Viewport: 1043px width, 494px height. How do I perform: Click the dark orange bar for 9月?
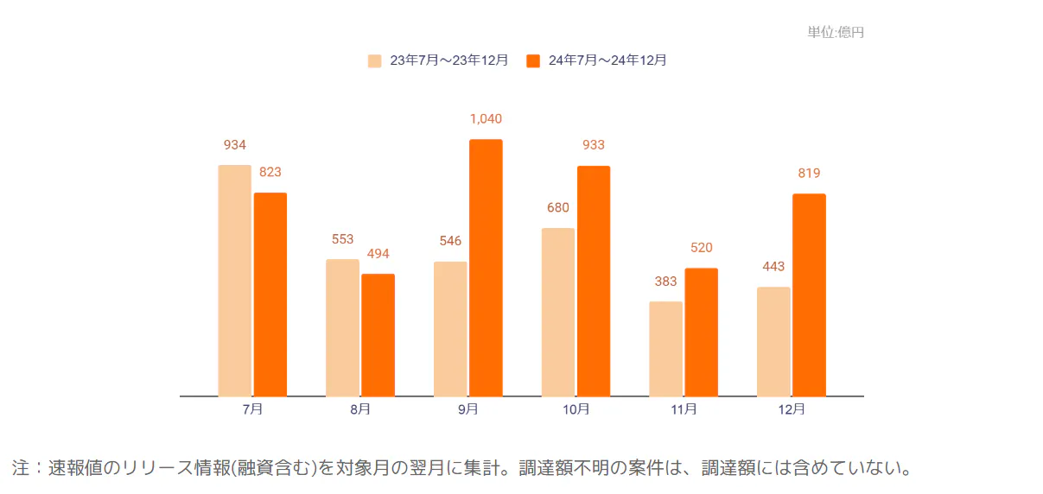[x=486, y=268]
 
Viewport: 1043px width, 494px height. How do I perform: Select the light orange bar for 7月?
[x=234, y=281]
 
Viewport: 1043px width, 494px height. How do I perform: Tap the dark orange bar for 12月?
[x=809, y=294]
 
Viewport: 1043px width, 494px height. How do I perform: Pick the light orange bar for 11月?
[x=665, y=349]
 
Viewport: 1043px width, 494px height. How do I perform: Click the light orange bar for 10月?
[x=557, y=312]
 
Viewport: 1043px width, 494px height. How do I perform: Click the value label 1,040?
[x=486, y=119]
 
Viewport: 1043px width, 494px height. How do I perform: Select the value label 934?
[x=234, y=145]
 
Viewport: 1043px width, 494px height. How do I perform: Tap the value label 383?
[x=665, y=282]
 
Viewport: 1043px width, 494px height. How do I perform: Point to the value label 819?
[x=809, y=174]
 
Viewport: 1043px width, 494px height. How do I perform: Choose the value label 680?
[x=557, y=208]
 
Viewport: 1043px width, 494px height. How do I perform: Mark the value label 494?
[x=378, y=254]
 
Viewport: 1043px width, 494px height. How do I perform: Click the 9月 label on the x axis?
[x=467, y=409]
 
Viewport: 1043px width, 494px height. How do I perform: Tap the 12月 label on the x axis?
[x=791, y=409]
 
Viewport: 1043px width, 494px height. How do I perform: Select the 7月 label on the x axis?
[x=252, y=409]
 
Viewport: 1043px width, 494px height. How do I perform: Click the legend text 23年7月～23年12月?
[x=448, y=60]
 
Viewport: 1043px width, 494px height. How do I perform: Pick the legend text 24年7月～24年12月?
[x=607, y=60]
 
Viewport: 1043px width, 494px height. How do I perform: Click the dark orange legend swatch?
[x=533, y=60]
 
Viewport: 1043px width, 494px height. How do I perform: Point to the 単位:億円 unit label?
[x=835, y=32]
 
